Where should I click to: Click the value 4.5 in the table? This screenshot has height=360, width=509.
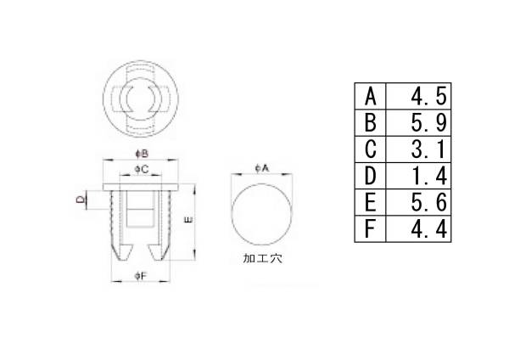click(428, 97)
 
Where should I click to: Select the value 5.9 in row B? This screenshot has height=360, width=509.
click(428, 123)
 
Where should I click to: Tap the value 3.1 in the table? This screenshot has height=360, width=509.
click(428, 149)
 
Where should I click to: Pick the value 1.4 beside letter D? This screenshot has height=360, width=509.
click(428, 176)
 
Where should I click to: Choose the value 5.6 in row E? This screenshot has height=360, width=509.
click(428, 203)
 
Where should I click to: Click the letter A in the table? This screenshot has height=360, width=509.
click(370, 97)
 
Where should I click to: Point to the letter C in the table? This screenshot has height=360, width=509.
click(370, 149)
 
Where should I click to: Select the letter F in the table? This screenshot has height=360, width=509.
click(369, 229)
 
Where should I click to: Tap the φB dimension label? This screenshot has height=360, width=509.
click(142, 154)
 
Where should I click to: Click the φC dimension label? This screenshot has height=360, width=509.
click(141, 169)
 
